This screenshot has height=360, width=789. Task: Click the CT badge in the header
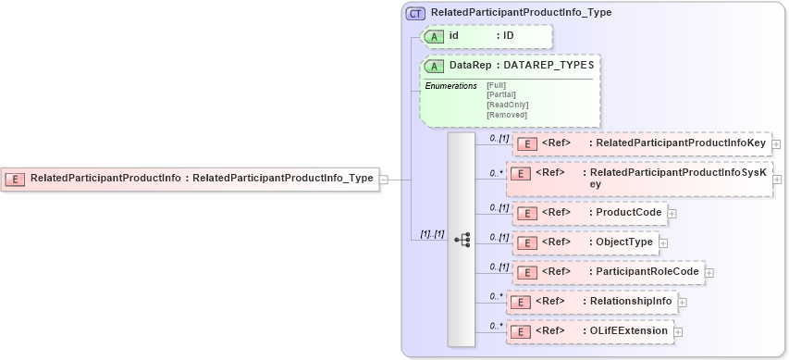tap(416, 13)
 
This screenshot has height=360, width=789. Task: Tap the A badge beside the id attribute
tap(435, 36)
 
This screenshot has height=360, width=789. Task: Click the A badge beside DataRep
tap(435, 66)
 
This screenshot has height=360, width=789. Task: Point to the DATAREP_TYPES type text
tap(549, 66)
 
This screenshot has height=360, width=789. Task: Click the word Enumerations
tap(450, 86)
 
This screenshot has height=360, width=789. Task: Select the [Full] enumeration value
tap(497, 85)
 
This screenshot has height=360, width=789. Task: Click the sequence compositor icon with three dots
tap(462, 239)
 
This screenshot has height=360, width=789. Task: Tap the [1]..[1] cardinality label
tap(432, 234)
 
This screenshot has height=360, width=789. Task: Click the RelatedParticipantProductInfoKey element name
tap(680, 143)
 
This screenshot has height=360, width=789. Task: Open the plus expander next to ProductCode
tap(672, 213)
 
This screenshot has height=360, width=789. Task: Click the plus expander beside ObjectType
tap(663, 242)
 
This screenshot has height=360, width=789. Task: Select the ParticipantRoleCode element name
tap(647, 272)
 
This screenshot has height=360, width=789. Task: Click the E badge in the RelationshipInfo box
tap(522, 302)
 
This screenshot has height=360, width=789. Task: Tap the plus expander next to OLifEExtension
tap(678, 331)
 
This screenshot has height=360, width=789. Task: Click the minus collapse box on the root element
tap(384, 179)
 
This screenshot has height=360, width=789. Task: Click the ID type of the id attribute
tap(508, 36)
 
